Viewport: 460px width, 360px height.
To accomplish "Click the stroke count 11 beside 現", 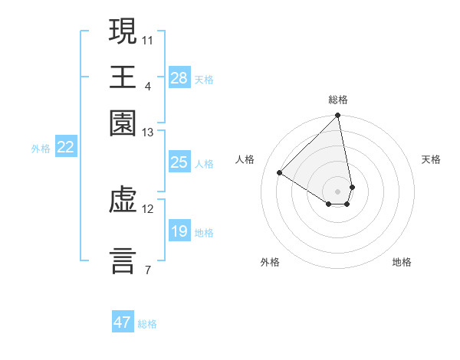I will click(147, 38).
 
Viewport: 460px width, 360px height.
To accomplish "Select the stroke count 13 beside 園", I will click(147, 133).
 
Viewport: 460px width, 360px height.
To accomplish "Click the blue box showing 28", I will click(179, 78).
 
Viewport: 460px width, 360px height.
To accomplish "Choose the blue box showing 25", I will click(179, 162).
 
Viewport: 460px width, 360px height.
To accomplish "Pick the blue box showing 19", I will click(179, 231).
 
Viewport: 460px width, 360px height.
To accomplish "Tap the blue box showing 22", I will click(65, 147).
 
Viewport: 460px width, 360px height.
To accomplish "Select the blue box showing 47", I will click(123, 322).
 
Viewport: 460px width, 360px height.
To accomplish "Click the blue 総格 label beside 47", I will click(147, 324).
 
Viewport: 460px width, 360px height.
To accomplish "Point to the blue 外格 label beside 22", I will click(41, 149).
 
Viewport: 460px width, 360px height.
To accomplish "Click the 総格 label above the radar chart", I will click(337, 100).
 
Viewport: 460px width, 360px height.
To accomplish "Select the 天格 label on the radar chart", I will click(431, 159).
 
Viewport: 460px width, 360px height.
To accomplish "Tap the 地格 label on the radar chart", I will click(402, 262).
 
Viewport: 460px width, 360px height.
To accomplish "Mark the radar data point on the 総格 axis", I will click(337, 116).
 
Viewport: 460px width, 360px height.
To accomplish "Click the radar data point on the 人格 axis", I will click(280, 173).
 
